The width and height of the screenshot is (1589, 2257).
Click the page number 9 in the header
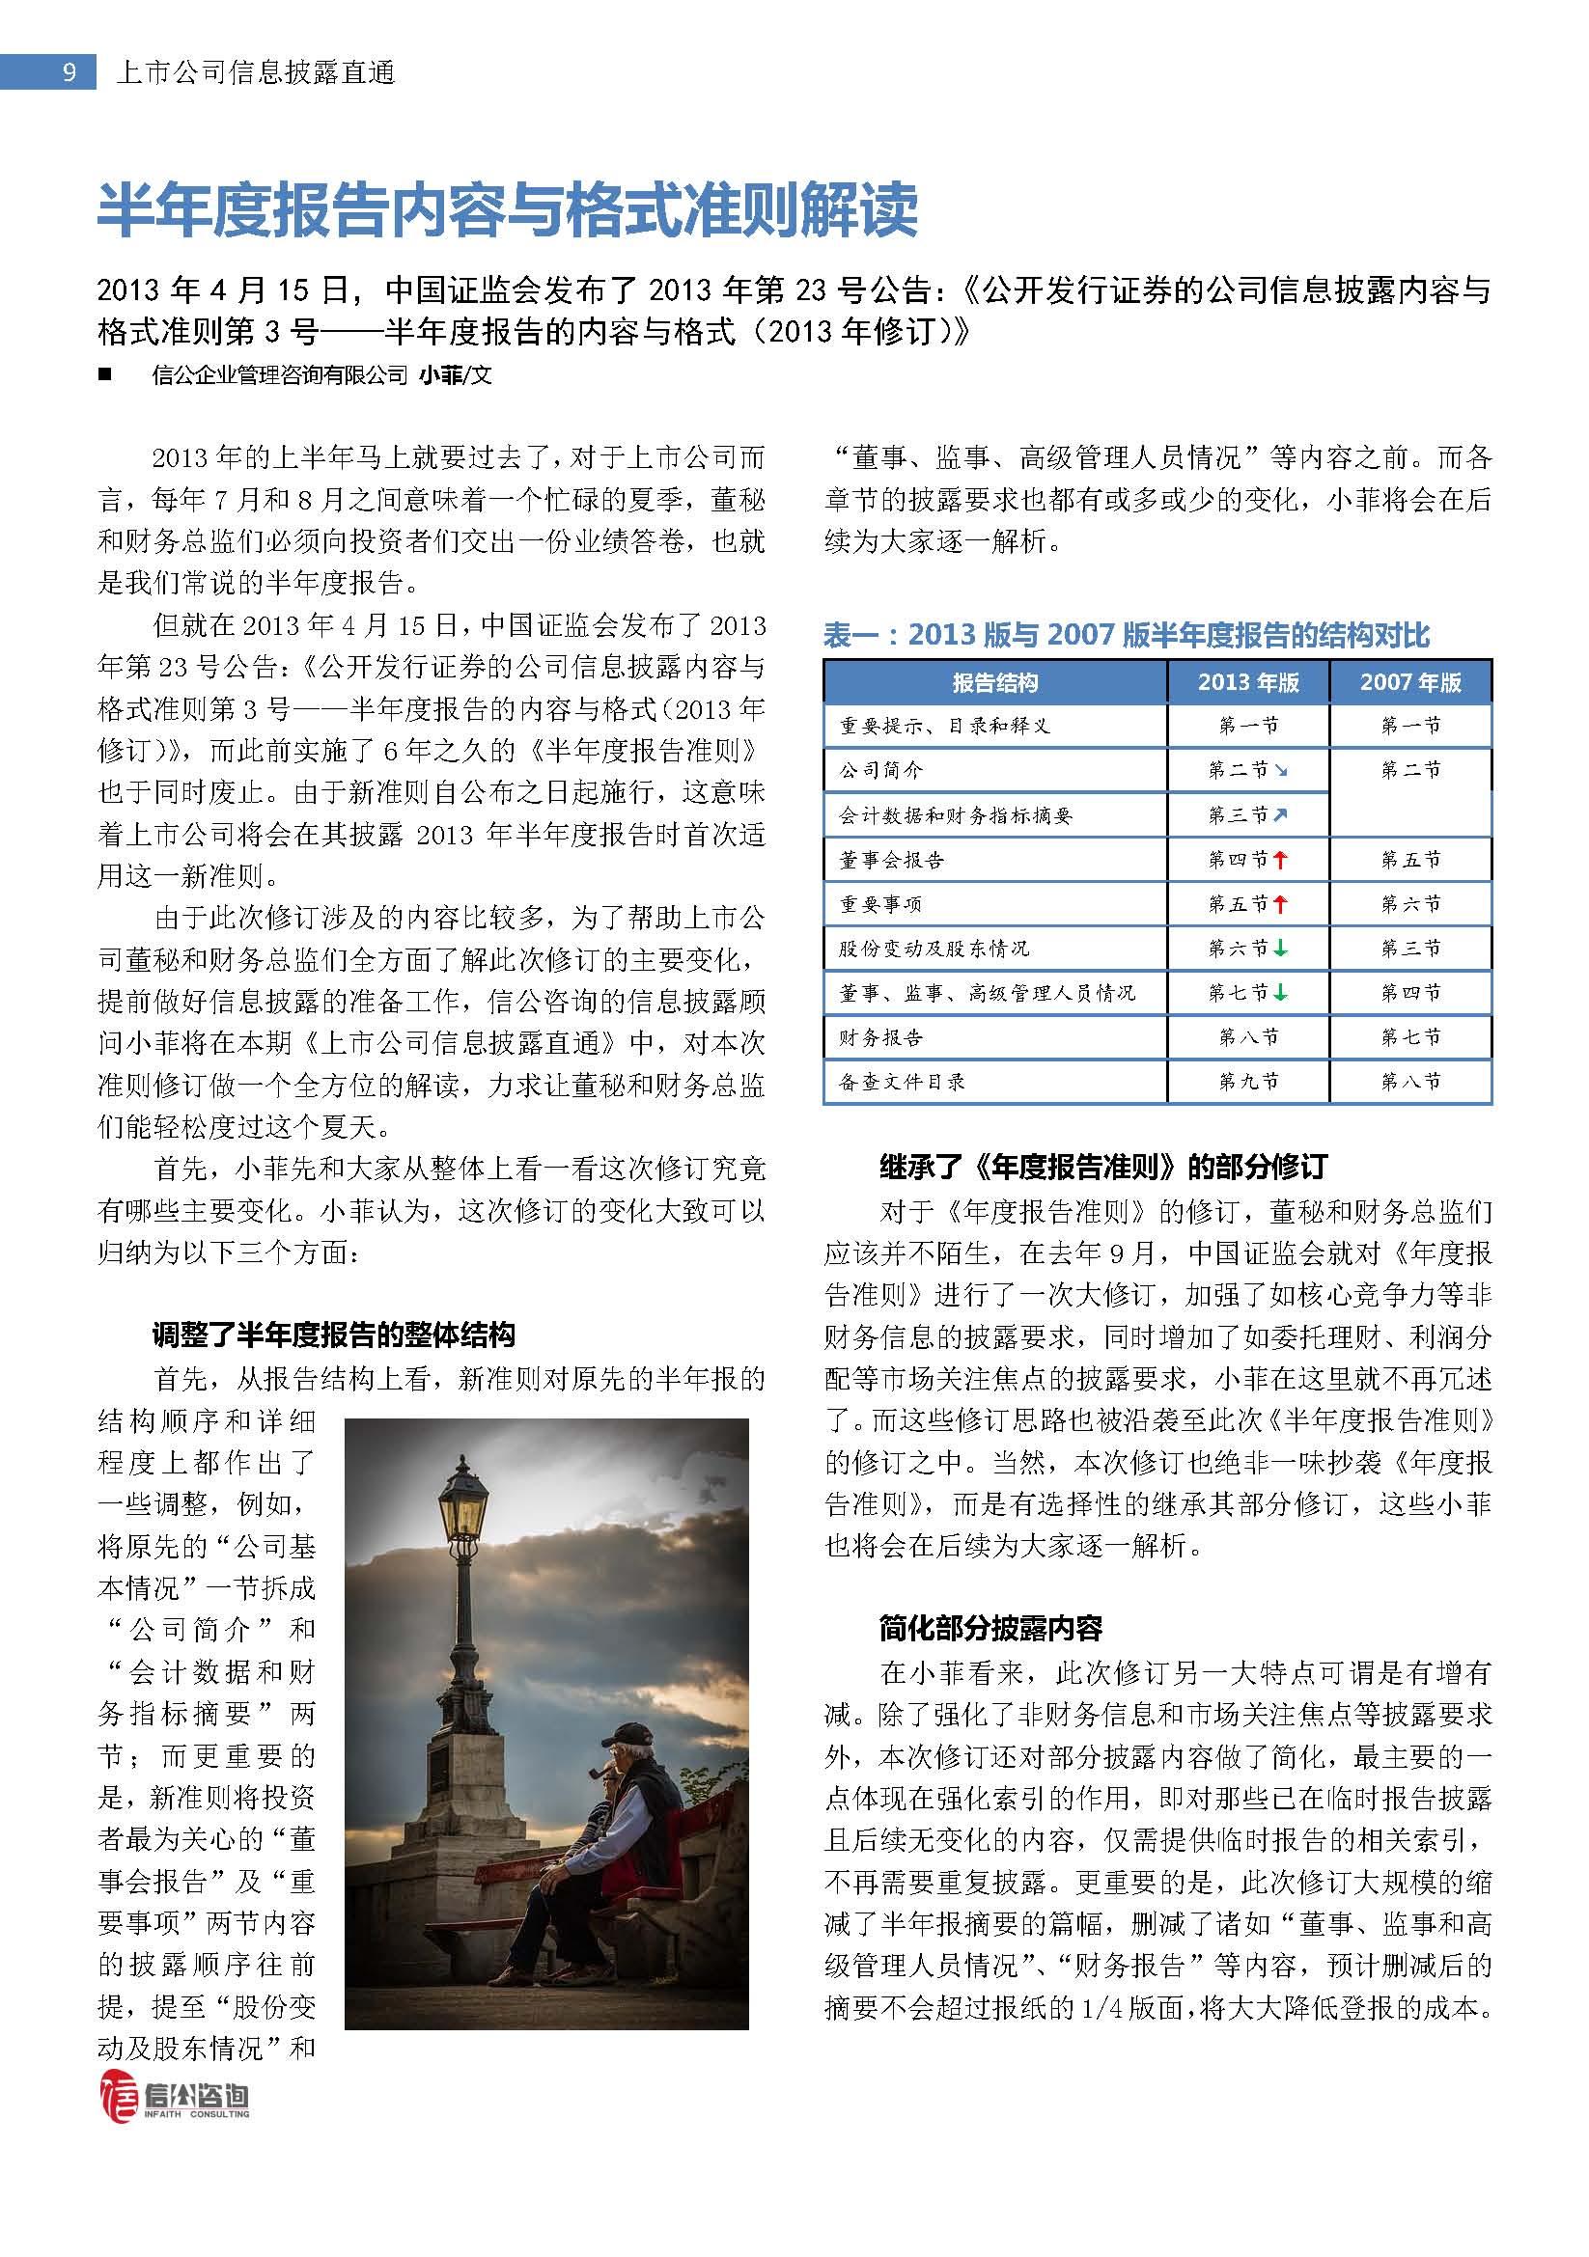pyautogui.click(x=69, y=72)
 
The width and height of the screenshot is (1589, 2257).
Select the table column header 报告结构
pyautogui.click(x=994, y=682)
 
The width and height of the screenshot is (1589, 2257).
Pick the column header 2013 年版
pyautogui.click(x=1248, y=682)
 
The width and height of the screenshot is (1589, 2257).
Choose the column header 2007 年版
pyautogui.click(x=1410, y=682)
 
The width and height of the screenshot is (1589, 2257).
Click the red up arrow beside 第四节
pyautogui.click(x=1280, y=860)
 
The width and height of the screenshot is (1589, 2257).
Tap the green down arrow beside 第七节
pyautogui.click(x=1280, y=993)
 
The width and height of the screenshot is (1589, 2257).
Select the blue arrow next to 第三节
pyautogui.click(x=1280, y=815)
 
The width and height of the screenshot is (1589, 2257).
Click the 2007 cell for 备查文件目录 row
pyautogui.click(x=1410, y=1082)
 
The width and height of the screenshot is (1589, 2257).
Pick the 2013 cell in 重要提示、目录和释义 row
pyautogui.click(x=1248, y=726)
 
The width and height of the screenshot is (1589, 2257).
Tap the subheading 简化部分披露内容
pyautogui.click(x=990, y=1629)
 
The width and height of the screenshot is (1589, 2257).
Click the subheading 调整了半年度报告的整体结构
pyautogui.click(x=333, y=1334)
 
